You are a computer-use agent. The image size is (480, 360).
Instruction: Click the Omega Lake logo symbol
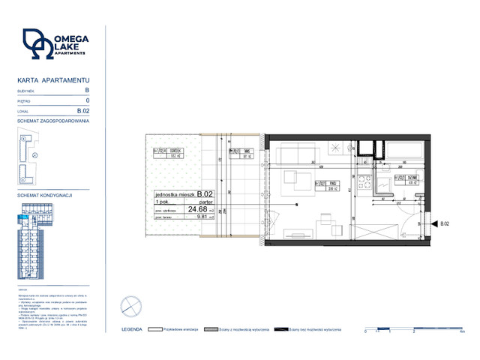point(37,44)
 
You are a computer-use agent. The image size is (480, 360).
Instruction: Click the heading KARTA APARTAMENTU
point(53,79)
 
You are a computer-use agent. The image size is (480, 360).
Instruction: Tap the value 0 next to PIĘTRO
point(88,100)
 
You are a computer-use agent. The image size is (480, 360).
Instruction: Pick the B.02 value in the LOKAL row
point(84,110)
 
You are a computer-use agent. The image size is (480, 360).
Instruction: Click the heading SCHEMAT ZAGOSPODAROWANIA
point(53,121)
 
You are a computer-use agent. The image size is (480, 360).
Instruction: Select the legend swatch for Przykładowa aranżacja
point(157,329)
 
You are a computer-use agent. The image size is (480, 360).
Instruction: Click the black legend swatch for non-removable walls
point(281,329)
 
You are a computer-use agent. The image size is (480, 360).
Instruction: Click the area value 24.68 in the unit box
point(198,209)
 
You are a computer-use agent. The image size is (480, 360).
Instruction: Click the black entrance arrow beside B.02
point(433,223)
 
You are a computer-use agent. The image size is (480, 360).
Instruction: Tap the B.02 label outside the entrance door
point(445,223)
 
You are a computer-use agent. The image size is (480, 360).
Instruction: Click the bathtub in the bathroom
point(405,153)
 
